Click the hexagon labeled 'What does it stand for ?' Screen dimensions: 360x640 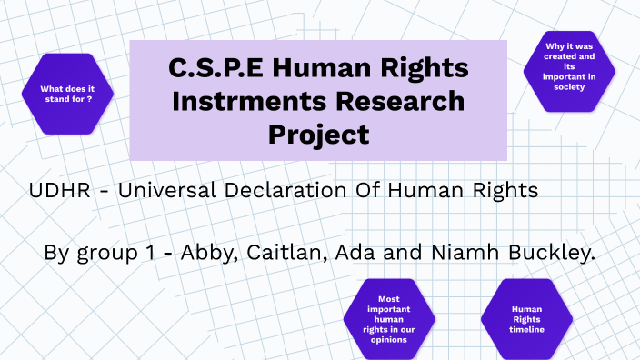pos(71,94)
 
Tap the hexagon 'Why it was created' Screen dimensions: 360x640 pos(570,70)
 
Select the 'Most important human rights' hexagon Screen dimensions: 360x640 pos(389,318)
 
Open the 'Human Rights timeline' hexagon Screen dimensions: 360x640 pos(527,318)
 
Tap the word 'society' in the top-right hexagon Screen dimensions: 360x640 pos(570,87)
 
